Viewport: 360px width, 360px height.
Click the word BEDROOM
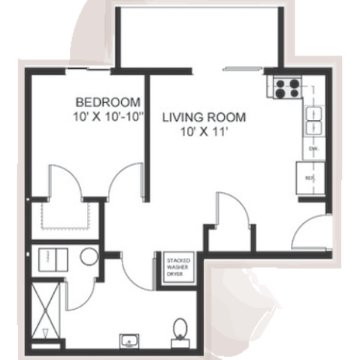[x=107, y=101]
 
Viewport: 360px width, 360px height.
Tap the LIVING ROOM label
[x=204, y=117]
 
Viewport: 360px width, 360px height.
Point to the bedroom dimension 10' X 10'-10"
[x=107, y=114]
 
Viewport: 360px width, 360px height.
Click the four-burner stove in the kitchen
[x=287, y=88]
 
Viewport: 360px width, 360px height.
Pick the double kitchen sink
[x=315, y=120]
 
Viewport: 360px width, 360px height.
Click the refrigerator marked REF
[x=310, y=176]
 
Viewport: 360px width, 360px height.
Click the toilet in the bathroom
[x=180, y=331]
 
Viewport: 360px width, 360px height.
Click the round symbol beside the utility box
[x=89, y=256]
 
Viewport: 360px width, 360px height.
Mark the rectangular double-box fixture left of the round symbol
[x=53, y=258]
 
